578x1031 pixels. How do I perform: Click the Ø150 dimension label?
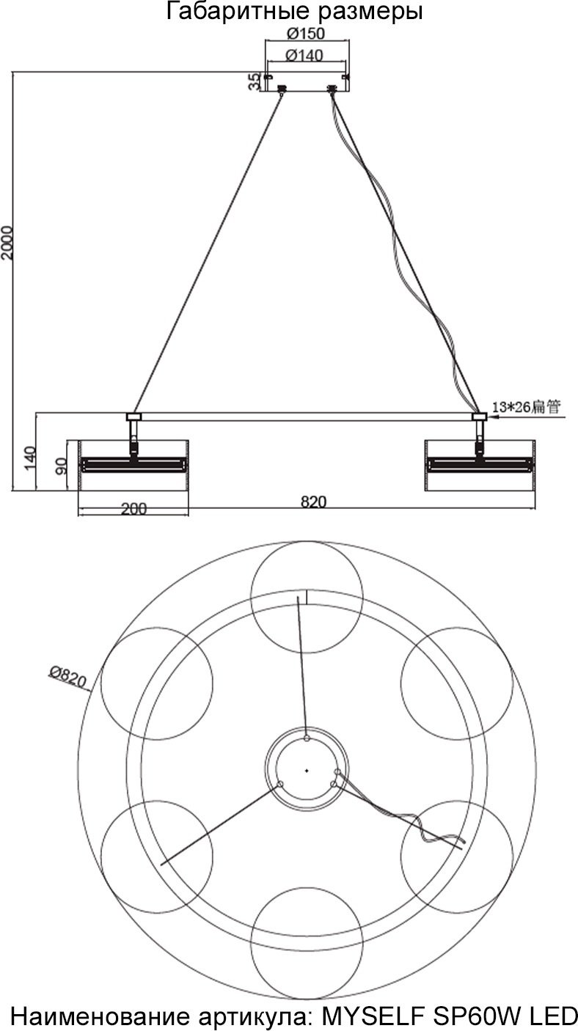pyautogui.click(x=305, y=33)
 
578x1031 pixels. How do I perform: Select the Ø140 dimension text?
pyautogui.click(x=304, y=55)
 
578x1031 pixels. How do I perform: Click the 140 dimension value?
pyautogui.click(x=29, y=458)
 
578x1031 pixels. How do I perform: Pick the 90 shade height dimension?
pyautogui.click(x=61, y=466)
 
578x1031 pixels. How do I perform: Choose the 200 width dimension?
pyautogui.click(x=133, y=509)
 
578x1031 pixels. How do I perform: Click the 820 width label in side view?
pyautogui.click(x=314, y=502)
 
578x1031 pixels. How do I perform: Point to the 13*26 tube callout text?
pyautogui.click(x=527, y=407)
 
